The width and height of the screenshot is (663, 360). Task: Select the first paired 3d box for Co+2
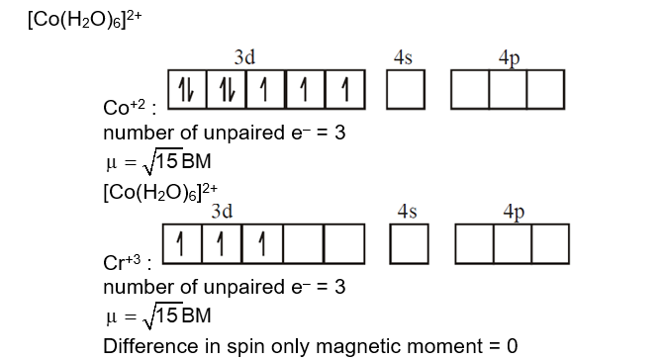[x=187, y=90]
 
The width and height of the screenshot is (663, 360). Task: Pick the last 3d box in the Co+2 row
[x=344, y=90]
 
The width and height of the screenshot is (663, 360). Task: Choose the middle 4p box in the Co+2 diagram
[x=509, y=90]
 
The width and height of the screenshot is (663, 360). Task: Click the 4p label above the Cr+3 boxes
[x=515, y=211]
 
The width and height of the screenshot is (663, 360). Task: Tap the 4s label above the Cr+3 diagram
[x=407, y=211]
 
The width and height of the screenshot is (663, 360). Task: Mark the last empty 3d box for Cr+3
[x=344, y=243]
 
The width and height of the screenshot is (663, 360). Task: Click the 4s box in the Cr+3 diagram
[x=409, y=243]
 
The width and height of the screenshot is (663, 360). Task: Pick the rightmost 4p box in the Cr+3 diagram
[x=550, y=243]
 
